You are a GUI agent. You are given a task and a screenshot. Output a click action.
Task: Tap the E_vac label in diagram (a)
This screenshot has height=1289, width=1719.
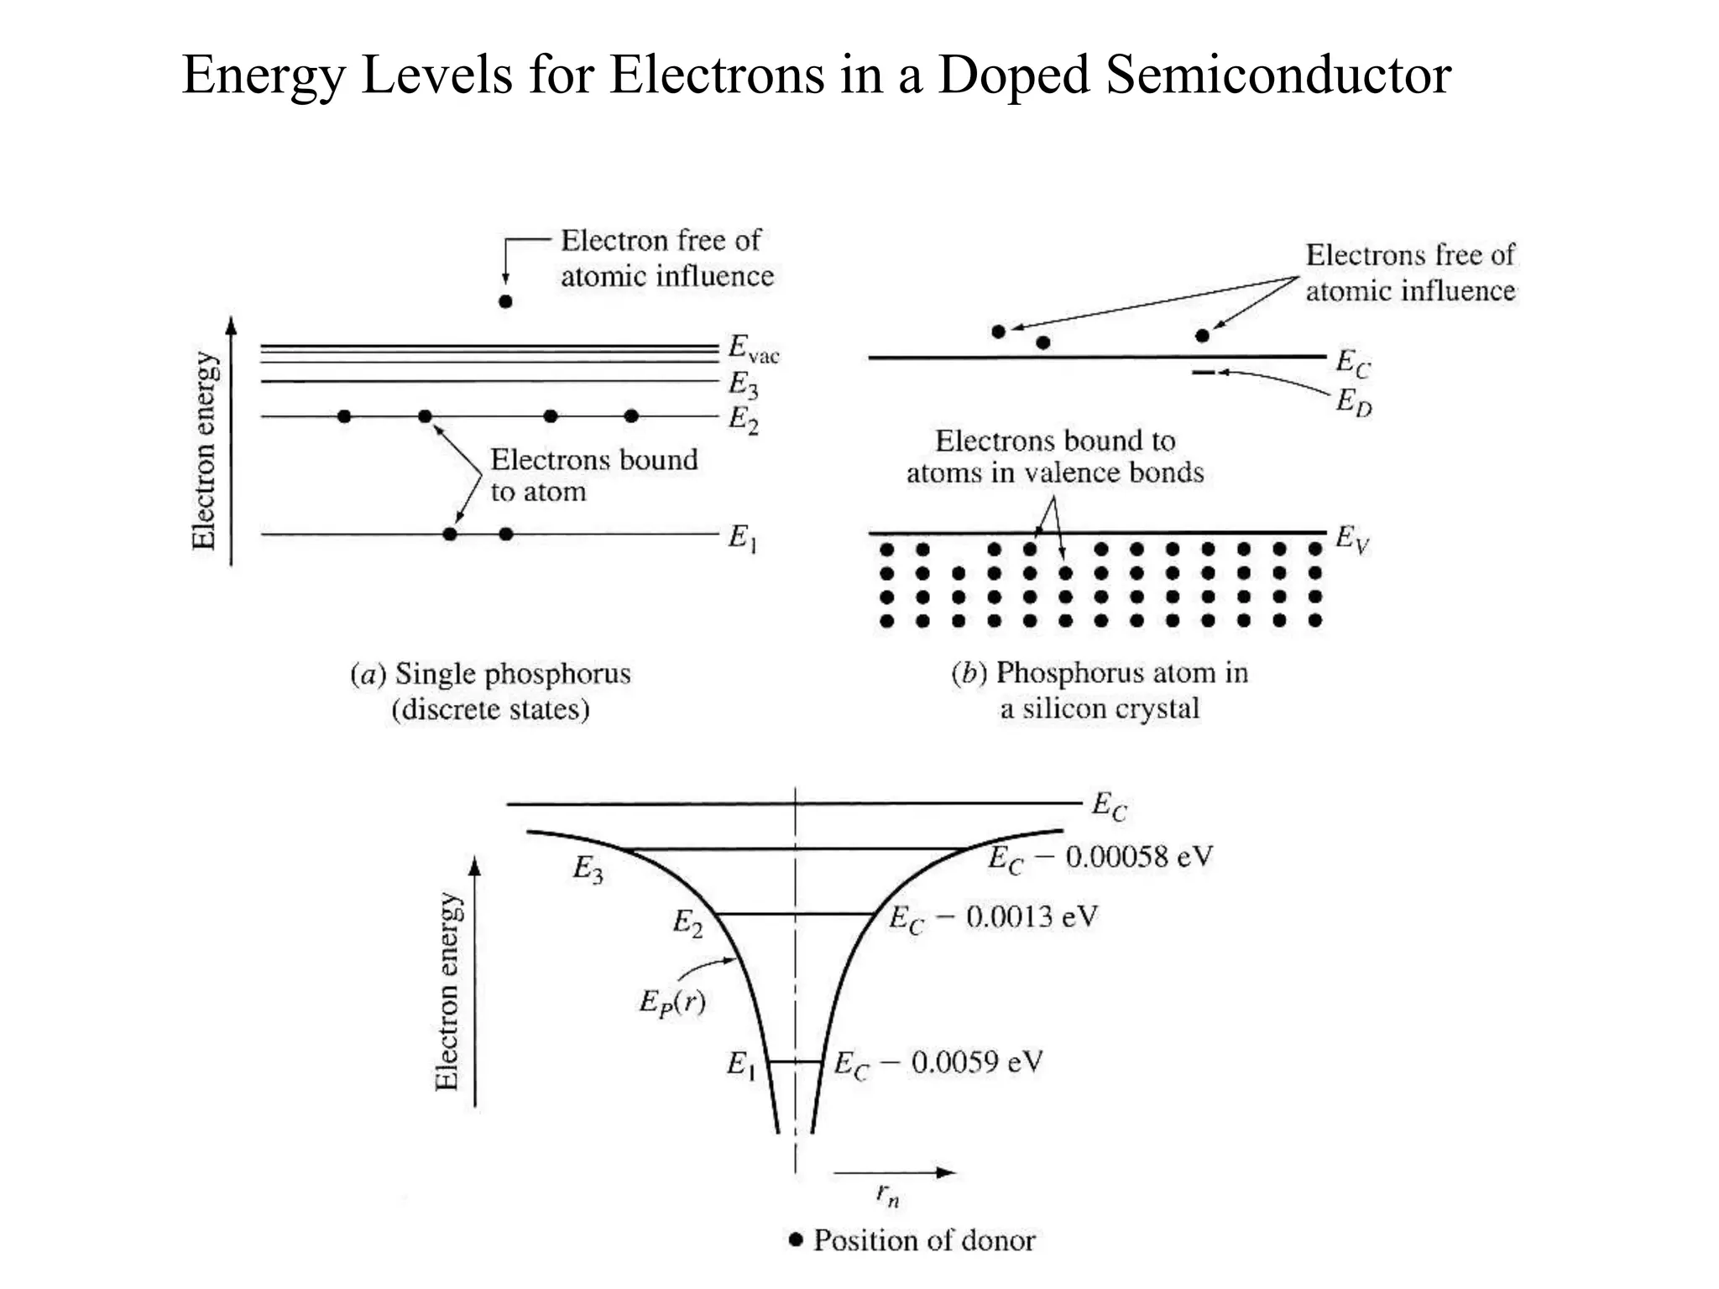click(752, 349)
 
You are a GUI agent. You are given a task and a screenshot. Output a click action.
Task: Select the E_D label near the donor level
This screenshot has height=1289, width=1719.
click(1353, 404)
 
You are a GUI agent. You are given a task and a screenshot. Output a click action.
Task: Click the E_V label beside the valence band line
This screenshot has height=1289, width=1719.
click(1351, 538)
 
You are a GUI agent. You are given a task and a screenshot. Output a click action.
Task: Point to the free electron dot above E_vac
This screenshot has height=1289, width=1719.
click(505, 301)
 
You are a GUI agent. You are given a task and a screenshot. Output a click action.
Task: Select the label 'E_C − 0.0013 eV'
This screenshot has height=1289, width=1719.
click(993, 917)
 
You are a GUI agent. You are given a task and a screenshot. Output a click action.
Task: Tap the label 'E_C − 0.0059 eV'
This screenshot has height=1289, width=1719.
click(938, 1064)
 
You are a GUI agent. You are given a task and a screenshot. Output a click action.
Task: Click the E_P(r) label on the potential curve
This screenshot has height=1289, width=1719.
click(671, 1002)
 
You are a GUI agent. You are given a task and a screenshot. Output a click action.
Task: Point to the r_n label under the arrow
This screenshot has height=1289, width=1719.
click(887, 1195)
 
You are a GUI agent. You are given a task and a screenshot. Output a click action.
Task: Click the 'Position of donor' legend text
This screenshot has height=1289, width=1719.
click(923, 1240)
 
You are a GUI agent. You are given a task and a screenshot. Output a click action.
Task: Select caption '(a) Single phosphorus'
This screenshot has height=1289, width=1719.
click(490, 674)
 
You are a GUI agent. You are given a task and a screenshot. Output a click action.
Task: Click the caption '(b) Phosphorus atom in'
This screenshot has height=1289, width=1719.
click(1100, 673)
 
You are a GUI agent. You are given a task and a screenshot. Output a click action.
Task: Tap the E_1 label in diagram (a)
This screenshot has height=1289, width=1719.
click(742, 537)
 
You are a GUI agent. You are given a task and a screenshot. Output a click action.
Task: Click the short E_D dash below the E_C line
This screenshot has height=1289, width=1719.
click(1203, 373)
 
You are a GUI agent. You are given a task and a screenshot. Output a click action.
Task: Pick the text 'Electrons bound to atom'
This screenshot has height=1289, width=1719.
click(593, 476)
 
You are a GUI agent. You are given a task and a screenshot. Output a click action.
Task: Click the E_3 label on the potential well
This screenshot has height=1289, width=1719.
click(588, 870)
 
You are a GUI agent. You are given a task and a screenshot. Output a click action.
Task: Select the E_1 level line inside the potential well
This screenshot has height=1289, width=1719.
click(795, 1062)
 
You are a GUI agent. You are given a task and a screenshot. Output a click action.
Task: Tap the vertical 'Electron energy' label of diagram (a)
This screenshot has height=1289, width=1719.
click(204, 450)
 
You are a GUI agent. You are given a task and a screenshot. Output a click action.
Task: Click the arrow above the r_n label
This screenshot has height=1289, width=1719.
click(894, 1172)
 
